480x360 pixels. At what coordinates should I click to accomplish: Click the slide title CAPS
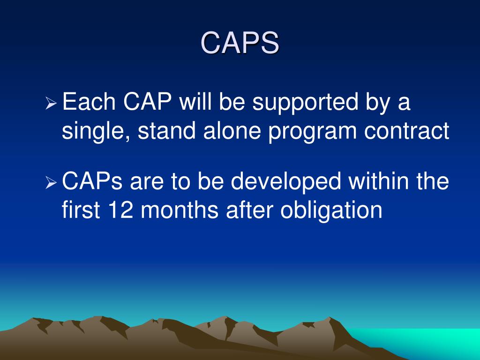[x=240, y=43]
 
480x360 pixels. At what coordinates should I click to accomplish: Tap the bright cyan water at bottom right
[x=431, y=342]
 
